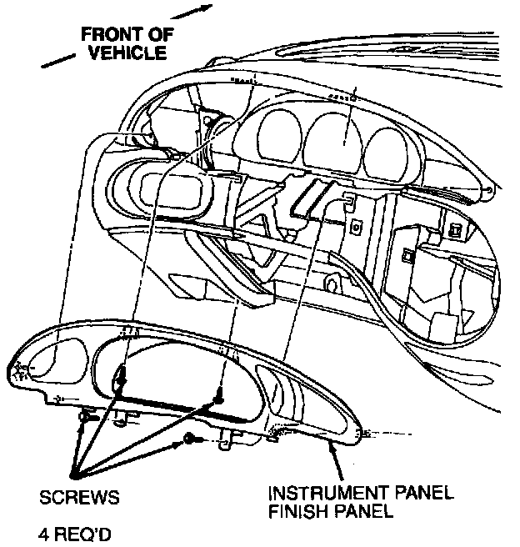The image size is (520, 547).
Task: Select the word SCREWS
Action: click(79, 498)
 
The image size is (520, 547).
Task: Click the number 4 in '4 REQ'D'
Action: click(44, 529)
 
